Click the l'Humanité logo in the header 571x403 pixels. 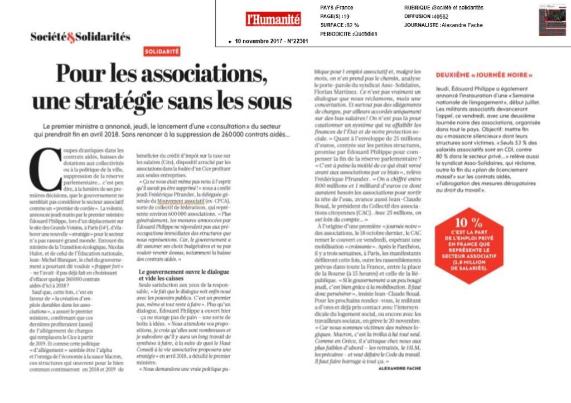[x=273, y=19]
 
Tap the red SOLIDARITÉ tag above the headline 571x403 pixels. [x=162, y=51]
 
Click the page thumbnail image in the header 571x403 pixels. [x=552, y=20]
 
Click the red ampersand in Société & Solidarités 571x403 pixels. [x=70, y=37]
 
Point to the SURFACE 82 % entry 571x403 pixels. [x=340, y=25]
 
